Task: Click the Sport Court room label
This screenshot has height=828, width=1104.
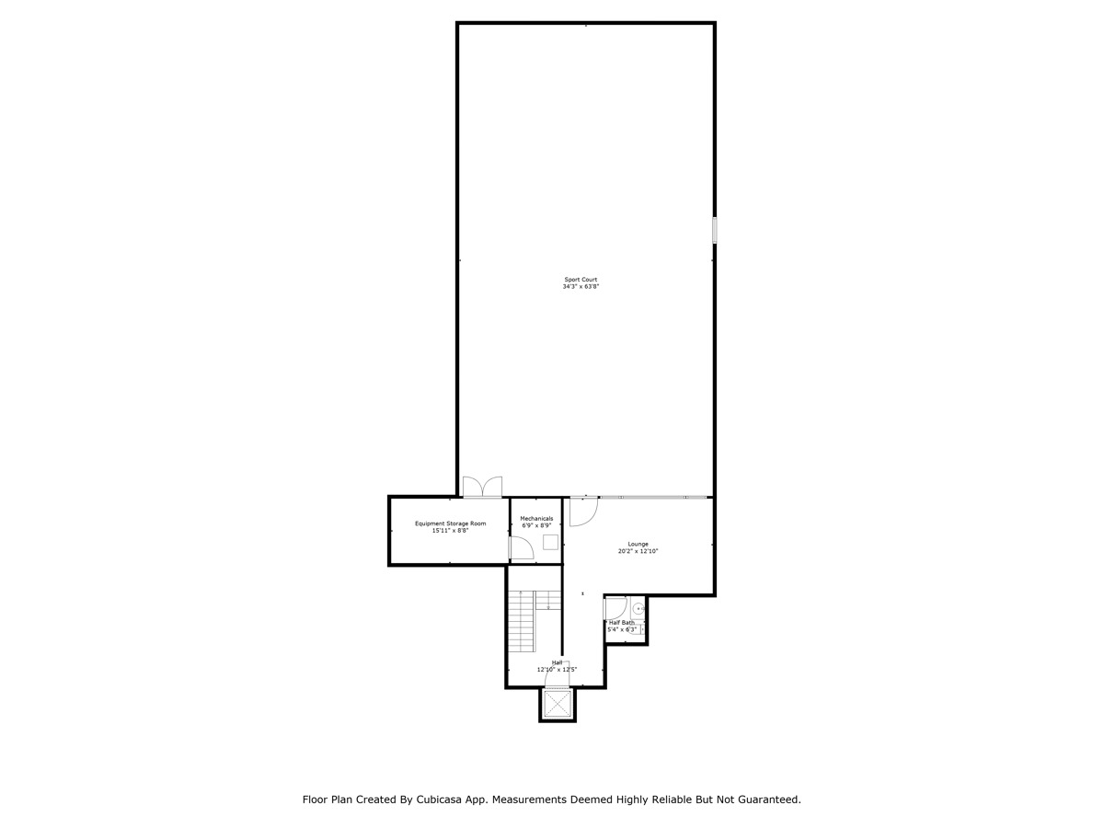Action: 581,280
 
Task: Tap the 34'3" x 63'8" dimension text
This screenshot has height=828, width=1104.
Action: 581,287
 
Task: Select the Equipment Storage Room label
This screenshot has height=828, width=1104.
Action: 450,523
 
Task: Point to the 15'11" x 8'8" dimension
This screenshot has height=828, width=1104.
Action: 450,531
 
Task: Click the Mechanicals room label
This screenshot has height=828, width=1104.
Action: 536,518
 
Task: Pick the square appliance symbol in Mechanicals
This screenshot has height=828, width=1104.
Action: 550,542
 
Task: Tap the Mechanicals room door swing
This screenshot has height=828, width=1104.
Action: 522,548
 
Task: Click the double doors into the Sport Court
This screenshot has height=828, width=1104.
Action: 482,487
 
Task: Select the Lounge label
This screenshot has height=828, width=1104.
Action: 638,544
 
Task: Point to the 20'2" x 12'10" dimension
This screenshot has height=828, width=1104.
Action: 638,551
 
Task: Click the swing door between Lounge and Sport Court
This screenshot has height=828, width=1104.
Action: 583,511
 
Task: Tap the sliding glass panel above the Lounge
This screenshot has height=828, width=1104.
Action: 653,498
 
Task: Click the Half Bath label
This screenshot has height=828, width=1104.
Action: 621,623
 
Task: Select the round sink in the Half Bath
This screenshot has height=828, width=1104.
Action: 638,608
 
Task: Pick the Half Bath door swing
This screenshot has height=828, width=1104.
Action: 615,608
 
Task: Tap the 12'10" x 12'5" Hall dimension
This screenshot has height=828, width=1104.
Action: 557,670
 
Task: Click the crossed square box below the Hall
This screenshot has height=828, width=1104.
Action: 558,704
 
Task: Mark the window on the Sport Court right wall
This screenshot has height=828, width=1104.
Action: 714,230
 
